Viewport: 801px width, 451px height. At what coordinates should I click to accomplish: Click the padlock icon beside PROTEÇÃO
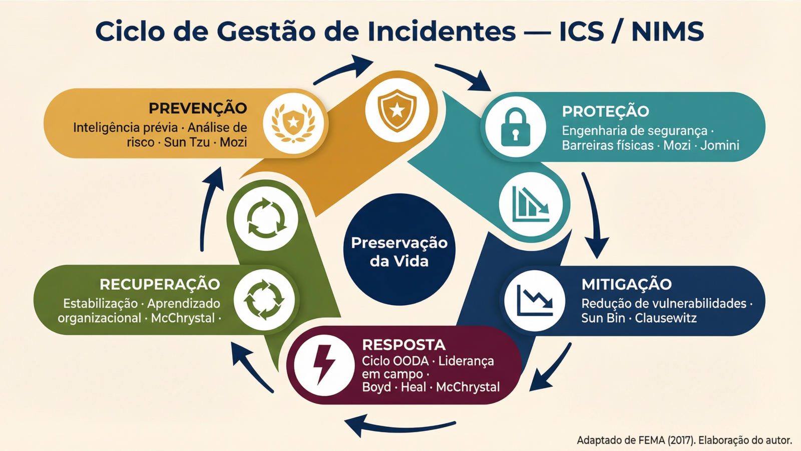coord(515,127)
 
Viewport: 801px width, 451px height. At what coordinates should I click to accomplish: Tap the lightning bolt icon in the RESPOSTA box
coord(324,365)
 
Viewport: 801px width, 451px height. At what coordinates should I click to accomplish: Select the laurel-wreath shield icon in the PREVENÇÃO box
coord(293,123)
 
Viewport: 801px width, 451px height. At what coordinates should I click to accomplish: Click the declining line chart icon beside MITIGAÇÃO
coord(535,301)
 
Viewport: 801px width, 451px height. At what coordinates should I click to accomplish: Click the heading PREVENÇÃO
coord(198,108)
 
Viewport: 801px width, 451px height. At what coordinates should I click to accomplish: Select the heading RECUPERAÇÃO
coord(160,284)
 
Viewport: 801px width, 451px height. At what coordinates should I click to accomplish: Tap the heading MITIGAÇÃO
coord(626,284)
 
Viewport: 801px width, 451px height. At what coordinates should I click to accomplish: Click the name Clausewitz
coord(666,318)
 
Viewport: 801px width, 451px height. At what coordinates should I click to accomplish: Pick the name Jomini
coord(719,145)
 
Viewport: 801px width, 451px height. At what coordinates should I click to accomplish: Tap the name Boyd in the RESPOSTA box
coord(376,387)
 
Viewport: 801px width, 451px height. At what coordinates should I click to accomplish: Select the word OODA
coord(411,361)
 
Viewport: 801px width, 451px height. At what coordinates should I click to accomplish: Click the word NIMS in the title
coord(667,31)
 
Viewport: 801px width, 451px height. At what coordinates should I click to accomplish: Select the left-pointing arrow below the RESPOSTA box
coord(400,426)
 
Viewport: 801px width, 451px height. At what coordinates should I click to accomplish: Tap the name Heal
coord(413,387)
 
